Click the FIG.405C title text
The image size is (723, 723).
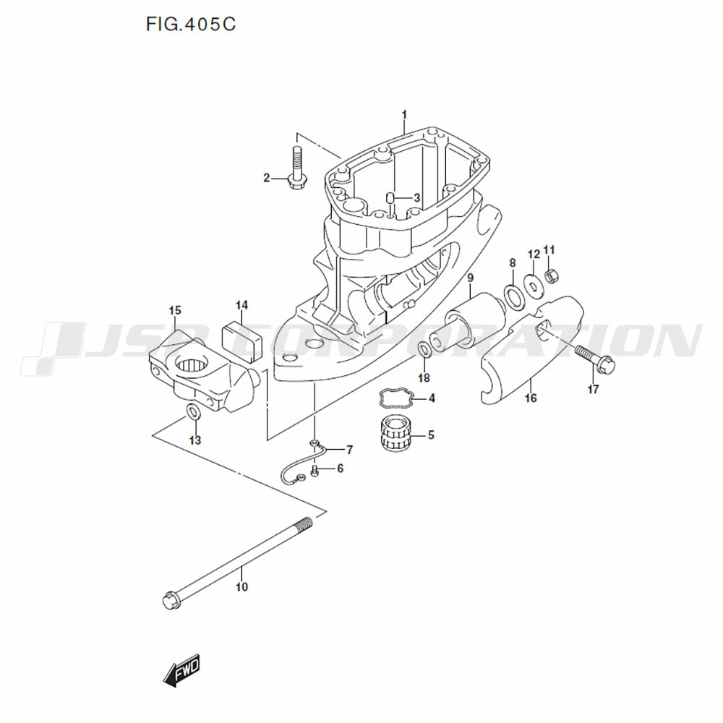190,24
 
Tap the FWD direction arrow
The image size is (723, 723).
181,670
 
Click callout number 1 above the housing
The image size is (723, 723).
404,114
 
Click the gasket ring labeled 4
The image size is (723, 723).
396,398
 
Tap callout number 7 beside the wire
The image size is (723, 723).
349,449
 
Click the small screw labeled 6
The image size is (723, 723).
315,471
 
